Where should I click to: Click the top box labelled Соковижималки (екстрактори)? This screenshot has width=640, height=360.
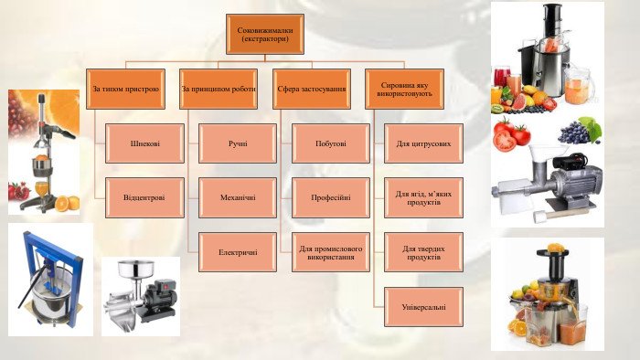tap(265, 34)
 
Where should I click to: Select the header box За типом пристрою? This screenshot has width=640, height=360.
tap(126, 89)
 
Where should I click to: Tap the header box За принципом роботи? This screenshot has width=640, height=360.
tap(219, 89)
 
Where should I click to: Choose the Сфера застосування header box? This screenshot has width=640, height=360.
tap(312, 89)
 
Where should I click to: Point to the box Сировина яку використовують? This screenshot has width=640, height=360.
tap(404, 89)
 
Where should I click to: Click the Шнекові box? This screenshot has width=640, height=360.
tap(144, 143)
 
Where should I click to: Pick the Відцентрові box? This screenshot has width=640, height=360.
tap(144, 197)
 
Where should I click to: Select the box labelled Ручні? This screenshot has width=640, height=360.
tap(238, 143)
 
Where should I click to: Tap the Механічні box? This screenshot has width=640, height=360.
tap(238, 197)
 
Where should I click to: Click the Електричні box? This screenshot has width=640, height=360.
tap(238, 252)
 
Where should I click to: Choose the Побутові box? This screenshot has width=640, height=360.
tap(331, 143)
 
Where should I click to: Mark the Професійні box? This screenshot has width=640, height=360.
tap(331, 197)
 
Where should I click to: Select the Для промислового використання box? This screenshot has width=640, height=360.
tap(331, 252)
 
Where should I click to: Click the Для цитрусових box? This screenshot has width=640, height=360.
tap(423, 143)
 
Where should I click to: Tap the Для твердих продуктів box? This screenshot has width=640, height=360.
tap(423, 252)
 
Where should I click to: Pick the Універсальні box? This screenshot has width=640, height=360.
tap(423, 307)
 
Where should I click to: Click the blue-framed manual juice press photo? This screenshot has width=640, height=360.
tap(50, 280)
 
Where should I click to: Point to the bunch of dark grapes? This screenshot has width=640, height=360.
tap(575, 132)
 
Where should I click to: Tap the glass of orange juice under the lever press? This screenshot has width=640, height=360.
tap(42, 189)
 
